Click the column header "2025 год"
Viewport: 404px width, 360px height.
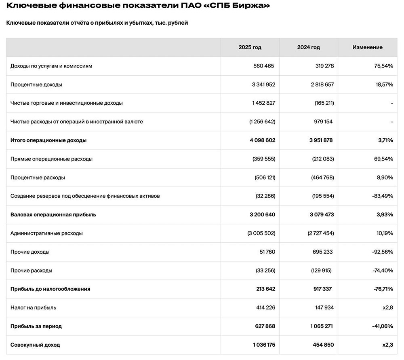(250, 47)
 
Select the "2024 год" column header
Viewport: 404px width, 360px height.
(308, 47)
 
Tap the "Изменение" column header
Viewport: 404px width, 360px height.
(367, 47)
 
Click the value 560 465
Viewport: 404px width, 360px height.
(264, 66)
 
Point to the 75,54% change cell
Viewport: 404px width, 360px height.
(383, 66)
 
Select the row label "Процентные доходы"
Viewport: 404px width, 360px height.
(36, 85)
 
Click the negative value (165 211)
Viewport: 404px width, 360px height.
(324, 103)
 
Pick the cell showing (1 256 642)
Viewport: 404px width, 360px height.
(262, 122)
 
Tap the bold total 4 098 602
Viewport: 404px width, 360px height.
(262, 140)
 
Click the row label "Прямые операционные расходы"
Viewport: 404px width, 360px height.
(51, 159)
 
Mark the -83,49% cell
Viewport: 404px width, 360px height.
(382, 196)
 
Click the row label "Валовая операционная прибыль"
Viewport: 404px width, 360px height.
(53, 215)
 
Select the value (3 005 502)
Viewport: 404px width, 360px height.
(261, 233)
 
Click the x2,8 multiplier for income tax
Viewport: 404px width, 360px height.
(388, 308)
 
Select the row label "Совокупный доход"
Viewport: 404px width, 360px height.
(35, 345)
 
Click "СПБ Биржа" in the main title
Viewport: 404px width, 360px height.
(232, 6)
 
